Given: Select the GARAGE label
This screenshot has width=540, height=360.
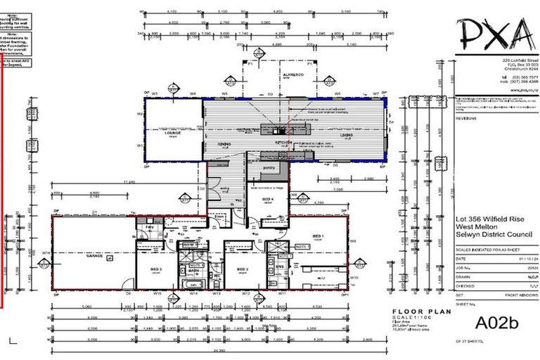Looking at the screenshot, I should [94, 257].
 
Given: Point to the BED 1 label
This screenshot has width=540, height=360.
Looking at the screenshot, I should [317, 235].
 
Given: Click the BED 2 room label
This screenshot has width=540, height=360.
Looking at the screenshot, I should [243, 270].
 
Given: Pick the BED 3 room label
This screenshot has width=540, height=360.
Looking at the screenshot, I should [156, 269].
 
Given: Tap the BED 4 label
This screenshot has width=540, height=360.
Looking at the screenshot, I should [268, 200].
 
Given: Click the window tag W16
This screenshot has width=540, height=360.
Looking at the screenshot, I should [45, 252].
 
